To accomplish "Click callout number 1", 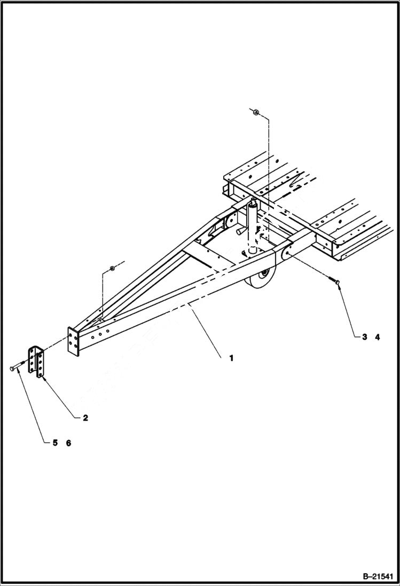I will (x=231, y=358).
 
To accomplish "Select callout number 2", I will (x=85, y=418).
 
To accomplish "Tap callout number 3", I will (x=364, y=337).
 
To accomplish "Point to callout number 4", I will (x=378, y=337).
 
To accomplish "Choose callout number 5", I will (x=54, y=443).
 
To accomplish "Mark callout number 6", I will (x=68, y=443).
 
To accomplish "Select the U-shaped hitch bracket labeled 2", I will (x=36, y=362).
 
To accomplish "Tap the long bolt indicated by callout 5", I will (x=18, y=367).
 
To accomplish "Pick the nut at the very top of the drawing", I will (x=256, y=113).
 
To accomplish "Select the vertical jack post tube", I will (x=251, y=224).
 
